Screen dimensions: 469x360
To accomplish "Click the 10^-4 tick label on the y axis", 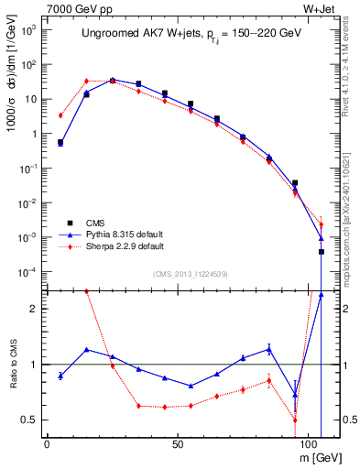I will pyautogui.click(x=28, y=272).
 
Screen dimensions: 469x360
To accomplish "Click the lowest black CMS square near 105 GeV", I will pyautogui.click(x=322, y=252).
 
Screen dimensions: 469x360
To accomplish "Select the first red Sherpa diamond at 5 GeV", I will pyautogui.click(x=60, y=115).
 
